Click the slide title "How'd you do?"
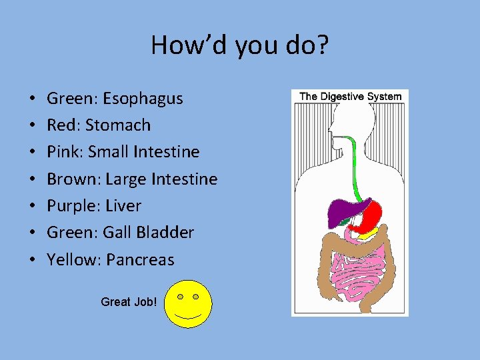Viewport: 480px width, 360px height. [x=240, y=45]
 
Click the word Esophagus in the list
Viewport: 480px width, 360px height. [x=143, y=99]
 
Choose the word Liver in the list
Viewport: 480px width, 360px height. [x=123, y=206]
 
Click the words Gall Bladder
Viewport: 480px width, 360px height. [x=148, y=233]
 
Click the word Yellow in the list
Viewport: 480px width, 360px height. [x=70, y=260]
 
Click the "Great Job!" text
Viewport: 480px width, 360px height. [x=129, y=302]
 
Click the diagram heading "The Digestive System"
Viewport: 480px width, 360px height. [x=351, y=97]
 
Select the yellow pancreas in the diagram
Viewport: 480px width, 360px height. [x=371, y=234]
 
